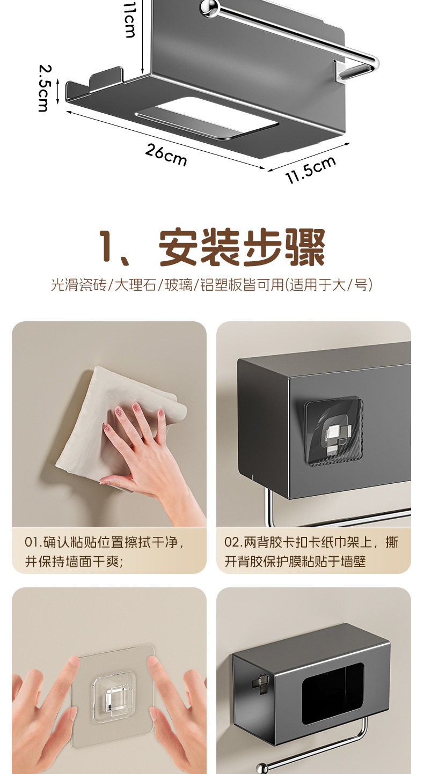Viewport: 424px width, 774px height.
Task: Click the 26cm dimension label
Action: [166, 155]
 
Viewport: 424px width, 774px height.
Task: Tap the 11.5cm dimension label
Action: [311, 170]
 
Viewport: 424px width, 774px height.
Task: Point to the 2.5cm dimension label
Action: [44, 88]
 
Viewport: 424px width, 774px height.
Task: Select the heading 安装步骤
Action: [242, 248]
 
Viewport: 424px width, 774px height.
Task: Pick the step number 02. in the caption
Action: [233, 542]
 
